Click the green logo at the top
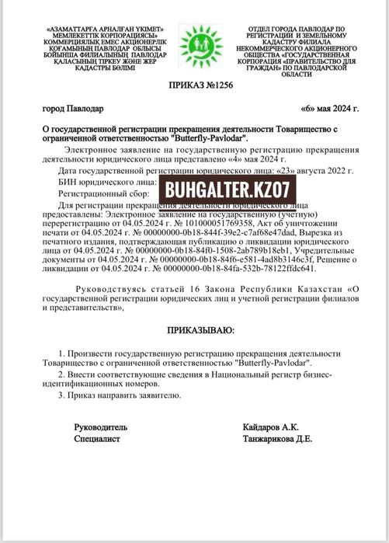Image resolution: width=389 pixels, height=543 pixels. [195, 47]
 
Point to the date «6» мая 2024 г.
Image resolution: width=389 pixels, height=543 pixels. [328, 108]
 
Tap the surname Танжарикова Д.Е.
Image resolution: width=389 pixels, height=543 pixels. [280, 439]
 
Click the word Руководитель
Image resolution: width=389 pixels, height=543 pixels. [99, 426]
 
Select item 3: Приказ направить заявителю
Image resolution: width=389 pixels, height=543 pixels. [122, 395]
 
